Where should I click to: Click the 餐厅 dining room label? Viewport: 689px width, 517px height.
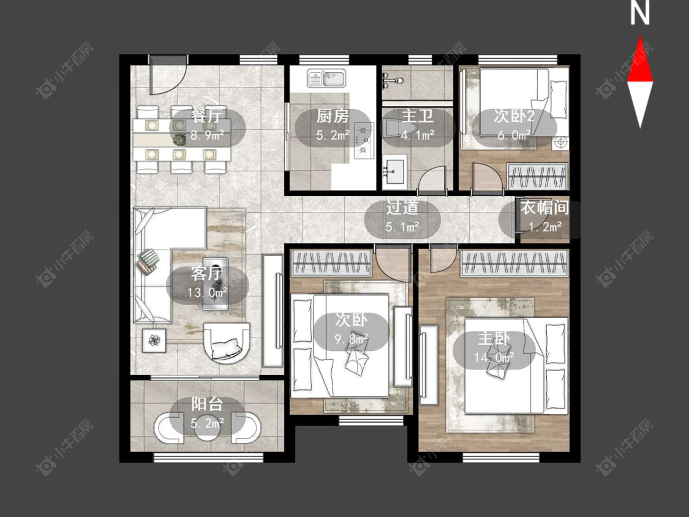[x=207, y=116]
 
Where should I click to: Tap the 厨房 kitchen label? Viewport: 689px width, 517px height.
[x=333, y=116]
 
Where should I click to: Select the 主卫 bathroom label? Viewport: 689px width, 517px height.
[x=418, y=116]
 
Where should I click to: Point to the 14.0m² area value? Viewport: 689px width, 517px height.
[x=494, y=357]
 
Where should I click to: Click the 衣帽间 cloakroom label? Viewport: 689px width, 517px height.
[x=544, y=207]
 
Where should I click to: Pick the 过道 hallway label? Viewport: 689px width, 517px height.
[x=402, y=208]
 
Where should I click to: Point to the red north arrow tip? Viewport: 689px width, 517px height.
[x=640, y=37]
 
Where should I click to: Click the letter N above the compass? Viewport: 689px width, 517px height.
[x=640, y=14]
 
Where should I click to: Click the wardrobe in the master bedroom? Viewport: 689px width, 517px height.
[x=514, y=263]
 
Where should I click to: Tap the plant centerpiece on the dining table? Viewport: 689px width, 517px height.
[x=179, y=140]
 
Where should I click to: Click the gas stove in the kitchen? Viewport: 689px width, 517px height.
[x=364, y=140]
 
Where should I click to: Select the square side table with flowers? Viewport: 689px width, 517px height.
[x=154, y=340]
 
